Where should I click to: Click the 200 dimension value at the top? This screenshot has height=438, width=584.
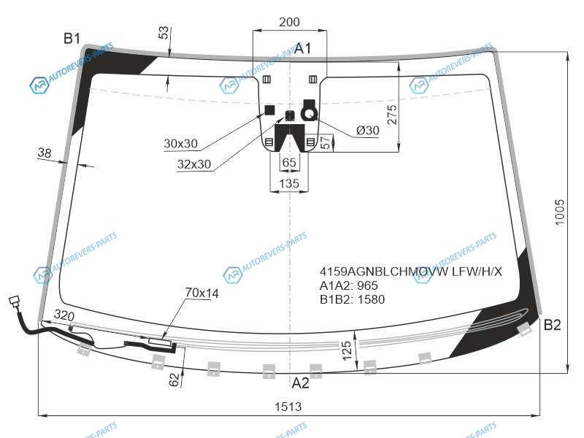coord(289,23)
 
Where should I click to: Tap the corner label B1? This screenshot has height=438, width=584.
coord(72,39)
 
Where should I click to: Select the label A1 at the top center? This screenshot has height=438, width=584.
coord(302,48)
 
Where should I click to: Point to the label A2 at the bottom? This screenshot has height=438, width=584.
coord(300,383)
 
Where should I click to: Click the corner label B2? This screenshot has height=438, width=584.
coord(552,325)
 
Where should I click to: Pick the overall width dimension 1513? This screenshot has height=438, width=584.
coord(288,407)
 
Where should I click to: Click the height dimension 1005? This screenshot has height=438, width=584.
coord(559,212)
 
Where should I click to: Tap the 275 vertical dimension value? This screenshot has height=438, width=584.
coord(392,115)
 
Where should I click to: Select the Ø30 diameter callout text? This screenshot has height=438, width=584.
coord(368,131)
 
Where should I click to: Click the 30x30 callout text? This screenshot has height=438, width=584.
coord(180,144)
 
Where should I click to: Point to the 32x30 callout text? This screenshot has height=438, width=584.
coord(194,164)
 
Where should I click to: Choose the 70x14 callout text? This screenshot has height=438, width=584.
coord(202,293)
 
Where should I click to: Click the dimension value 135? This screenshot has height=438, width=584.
coord(289,184)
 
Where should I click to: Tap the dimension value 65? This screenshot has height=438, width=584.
coord(289,163)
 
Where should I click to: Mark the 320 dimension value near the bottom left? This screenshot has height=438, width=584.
coord(64,315)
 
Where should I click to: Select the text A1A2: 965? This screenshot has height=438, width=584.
coord(349,285)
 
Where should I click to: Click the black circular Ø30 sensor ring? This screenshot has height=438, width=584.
coord(309,114)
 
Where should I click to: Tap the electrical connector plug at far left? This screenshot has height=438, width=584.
coord(15,301)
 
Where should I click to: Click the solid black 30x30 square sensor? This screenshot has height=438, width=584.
coord(269,110)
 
